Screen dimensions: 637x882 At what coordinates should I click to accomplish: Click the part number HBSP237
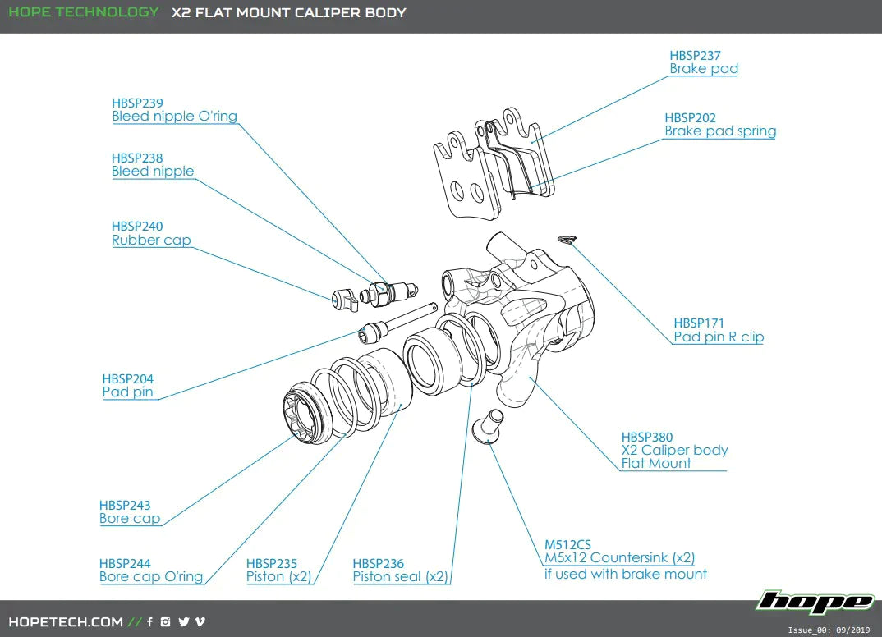pyautogui.click(x=695, y=56)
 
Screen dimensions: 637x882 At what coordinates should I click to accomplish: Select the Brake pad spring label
pyautogui.click(x=720, y=131)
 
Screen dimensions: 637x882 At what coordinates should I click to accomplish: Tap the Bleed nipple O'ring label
pyautogui.click(x=174, y=117)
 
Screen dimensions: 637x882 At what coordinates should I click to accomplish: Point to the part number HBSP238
pyautogui.click(x=137, y=158)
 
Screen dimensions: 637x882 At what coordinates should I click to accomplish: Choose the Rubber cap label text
pyautogui.click(x=151, y=241)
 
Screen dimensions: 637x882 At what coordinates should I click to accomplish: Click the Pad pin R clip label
pyautogui.click(x=719, y=337)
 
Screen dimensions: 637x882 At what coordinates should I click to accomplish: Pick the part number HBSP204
pyautogui.click(x=128, y=378)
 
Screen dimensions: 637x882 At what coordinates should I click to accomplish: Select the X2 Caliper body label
pyautogui.click(x=674, y=450)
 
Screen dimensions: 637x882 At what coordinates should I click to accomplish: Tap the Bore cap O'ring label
pyautogui.click(x=151, y=576)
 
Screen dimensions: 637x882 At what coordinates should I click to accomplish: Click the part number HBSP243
pyautogui.click(x=125, y=505)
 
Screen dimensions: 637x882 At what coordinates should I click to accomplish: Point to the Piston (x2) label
pyautogui.click(x=279, y=576)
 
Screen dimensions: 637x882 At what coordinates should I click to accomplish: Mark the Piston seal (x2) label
pyautogui.click(x=401, y=576)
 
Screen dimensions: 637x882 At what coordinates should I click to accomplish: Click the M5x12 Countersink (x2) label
pyautogui.click(x=619, y=558)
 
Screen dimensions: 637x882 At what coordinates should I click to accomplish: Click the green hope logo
pyautogui.click(x=815, y=602)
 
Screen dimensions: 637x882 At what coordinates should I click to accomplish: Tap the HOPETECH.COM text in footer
pyautogui.click(x=66, y=621)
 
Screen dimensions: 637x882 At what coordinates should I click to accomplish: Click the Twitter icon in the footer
pyautogui.click(x=183, y=621)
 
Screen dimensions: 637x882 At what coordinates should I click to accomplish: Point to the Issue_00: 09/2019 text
pyautogui.click(x=829, y=630)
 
